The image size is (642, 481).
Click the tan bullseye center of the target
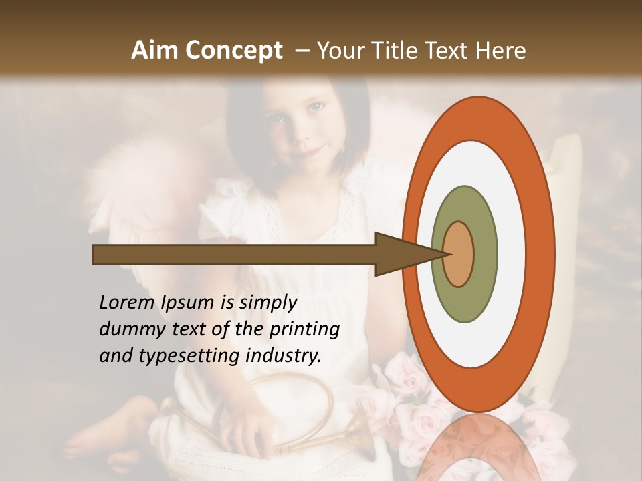tap(459, 254)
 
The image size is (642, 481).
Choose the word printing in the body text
tap(304, 330)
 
